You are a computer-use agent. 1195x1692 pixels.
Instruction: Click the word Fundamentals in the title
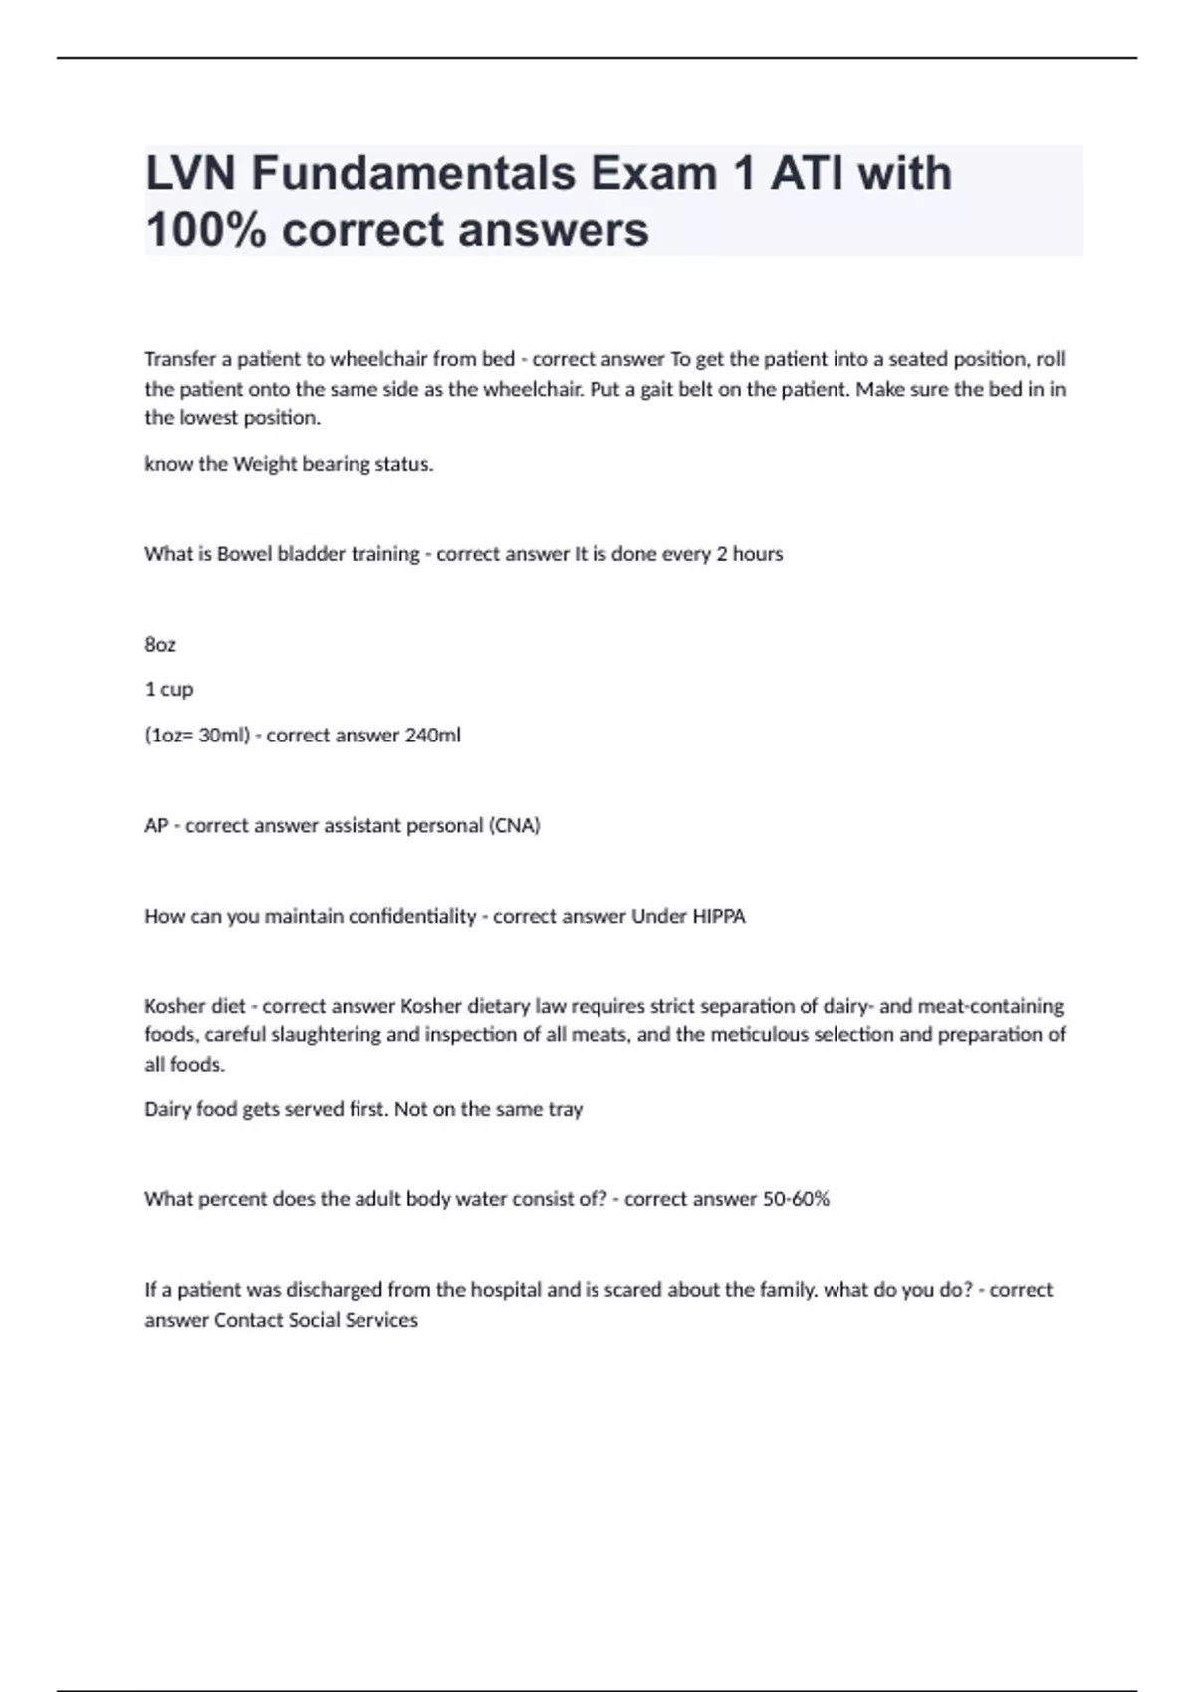[413, 173]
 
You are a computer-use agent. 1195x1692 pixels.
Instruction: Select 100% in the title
[205, 230]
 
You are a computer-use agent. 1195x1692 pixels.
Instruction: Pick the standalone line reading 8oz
[160, 645]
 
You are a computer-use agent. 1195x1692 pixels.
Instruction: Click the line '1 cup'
[169, 689]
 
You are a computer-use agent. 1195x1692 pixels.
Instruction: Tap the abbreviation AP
[156, 826]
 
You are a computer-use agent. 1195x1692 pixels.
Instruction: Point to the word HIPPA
[718, 916]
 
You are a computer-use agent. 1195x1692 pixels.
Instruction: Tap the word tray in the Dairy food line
[565, 1109]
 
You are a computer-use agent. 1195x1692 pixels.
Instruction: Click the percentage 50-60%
[796, 1199]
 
